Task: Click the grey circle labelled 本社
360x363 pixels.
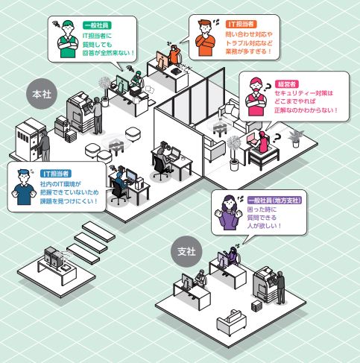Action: (42, 94)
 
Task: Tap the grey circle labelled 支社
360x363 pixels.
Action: (186, 251)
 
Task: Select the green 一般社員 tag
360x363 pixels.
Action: (97, 25)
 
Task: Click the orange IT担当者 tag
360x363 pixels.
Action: (241, 24)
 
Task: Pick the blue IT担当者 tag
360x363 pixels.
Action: (56, 174)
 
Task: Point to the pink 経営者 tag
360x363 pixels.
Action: (287, 84)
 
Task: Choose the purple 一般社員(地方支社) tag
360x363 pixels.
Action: (274, 200)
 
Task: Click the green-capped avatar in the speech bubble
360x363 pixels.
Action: (68, 40)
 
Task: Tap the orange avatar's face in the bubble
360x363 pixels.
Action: (205, 28)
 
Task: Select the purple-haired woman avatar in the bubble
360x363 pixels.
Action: (228, 212)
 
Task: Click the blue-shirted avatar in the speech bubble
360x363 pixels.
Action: (24, 187)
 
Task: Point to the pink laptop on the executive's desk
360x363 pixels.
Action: (253, 139)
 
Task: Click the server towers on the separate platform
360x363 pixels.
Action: (52, 256)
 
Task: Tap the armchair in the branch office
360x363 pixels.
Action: (231, 322)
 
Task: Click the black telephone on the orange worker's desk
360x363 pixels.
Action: (177, 71)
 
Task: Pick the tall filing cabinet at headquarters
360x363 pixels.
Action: (30, 139)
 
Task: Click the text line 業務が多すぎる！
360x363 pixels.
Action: (249, 51)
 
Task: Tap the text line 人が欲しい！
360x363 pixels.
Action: (265, 226)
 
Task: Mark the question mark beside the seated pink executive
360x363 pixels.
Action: (277, 138)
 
